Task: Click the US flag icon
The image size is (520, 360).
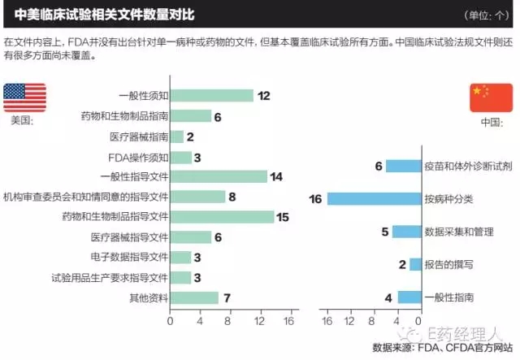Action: (x=25, y=98)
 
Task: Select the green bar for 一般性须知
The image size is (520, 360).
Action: (x=211, y=95)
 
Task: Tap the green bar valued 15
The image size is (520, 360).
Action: (x=222, y=217)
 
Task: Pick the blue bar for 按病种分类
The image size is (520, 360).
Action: (x=374, y=198)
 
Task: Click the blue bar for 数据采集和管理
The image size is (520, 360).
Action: (x=406, y=232)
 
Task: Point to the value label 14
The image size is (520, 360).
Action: (x=276, y=176)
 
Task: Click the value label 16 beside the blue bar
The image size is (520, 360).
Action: (x=316, y=198)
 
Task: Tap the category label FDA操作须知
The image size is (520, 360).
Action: (x=138, y=157)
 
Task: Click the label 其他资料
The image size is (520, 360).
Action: (x=149, y=297)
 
